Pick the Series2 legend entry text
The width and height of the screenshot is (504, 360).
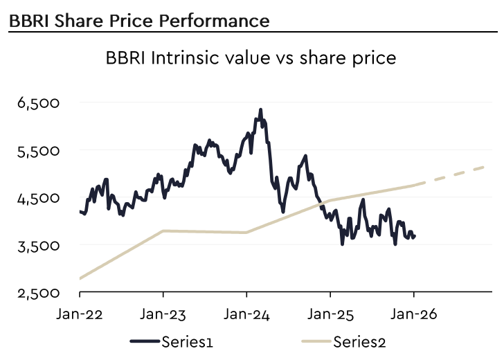coord(357,341)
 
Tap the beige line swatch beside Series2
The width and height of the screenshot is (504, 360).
coord(316,341)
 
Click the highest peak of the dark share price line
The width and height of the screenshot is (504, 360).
coord(260,109)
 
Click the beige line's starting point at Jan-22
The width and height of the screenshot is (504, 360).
coord(80,278)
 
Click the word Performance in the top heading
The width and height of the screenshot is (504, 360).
coord(211,21)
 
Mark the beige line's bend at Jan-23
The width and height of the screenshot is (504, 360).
coord(163,231)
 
